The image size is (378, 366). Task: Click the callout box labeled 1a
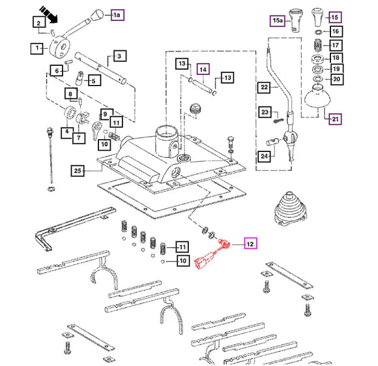coord(117,15)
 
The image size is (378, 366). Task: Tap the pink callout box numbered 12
coord(250,243)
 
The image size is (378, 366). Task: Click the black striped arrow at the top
coord(48,14)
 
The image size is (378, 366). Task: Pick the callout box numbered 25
coord(78,171)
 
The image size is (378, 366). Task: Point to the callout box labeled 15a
coord(277,20)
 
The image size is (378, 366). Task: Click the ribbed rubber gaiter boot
coord(290,209)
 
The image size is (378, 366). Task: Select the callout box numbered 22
coord(264,87)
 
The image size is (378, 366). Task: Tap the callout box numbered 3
coord(119,56)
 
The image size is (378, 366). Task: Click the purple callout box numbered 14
coord(203,70)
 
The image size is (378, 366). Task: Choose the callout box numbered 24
coord(264,157)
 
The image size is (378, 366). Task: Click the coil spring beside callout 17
coord(318,45)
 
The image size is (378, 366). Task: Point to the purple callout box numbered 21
coord(336,119)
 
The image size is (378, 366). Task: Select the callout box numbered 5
coord(94,81)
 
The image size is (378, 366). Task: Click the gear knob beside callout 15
coord(318,18)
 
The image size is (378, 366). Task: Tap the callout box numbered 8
coord(71,93)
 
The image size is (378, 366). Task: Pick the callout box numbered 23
coord(265,112)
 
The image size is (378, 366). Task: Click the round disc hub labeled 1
coord(60,46)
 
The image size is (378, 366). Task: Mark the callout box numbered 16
coord(336,31)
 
